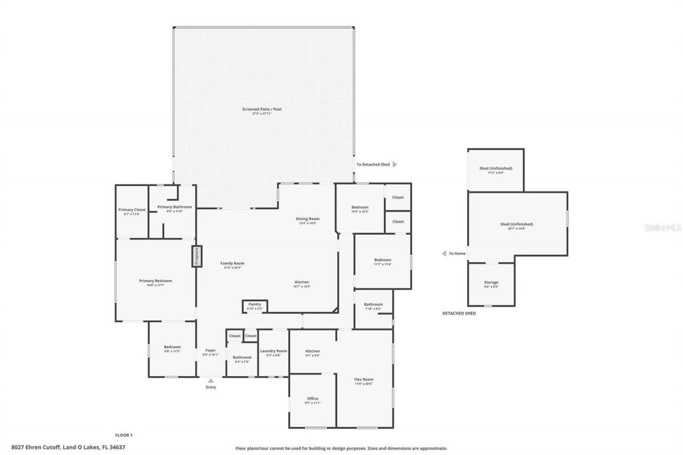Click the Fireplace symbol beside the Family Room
[196, 256]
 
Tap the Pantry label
[255, 305]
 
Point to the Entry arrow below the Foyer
[211, 381]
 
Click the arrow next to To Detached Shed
[395, 164]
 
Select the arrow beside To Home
[443, 253]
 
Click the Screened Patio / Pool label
[262, 109]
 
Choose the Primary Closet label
[132, 210]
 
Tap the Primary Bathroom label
[174, 207]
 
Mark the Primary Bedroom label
[155, 281]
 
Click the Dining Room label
[307, 219]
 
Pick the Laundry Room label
[273, 351]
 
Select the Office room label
[312, 398]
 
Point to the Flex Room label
[364, 379]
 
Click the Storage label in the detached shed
[491, 282]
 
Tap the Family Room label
[232, 263]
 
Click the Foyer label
[211, 350]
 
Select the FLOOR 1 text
[124, 435]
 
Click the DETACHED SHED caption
[459, 313]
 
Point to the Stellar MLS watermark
[663, 227]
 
